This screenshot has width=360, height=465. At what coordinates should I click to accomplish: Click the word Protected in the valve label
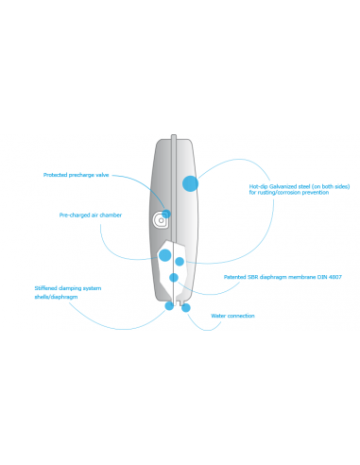pos(56,175)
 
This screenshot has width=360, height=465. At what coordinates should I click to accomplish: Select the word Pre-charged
pos(72,215)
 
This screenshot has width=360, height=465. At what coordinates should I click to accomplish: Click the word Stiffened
pos(48,287)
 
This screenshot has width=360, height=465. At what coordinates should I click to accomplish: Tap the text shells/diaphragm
pos(55,296)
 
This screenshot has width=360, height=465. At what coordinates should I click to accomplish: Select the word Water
pos(218,316)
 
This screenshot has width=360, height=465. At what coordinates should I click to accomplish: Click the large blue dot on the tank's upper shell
pos(191,184)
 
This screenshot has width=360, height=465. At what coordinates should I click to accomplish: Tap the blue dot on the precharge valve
pos(167,214)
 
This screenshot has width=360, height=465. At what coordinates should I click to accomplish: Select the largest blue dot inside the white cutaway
pos(165,255)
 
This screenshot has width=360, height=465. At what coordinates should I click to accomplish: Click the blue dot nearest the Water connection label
pos(186,307)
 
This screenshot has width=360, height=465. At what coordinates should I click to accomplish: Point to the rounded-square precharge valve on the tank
pos(161,220)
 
